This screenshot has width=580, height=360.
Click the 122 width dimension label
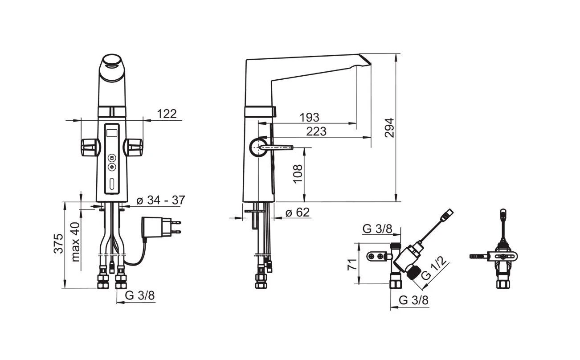coord(167,114)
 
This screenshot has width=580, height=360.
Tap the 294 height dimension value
coord(389,128)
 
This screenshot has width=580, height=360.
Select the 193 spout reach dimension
coord(310,117)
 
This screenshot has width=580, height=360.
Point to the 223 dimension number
coord(316,131)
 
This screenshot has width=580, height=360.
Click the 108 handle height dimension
coord(298,174)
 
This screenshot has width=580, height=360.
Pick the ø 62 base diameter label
coord(298,213)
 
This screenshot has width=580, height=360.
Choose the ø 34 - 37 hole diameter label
coord(161,200)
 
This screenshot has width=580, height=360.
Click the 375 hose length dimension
coord(58,243)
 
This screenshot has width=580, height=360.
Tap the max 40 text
coord(75,242)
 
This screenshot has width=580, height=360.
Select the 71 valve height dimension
coord(352,264)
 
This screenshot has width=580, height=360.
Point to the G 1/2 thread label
coord(434,268)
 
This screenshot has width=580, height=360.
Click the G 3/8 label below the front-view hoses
coord(139,295)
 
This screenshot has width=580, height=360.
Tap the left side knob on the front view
coord(90,147)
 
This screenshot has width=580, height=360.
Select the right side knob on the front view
coord(133,147)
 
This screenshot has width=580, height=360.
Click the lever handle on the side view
coord(276,147)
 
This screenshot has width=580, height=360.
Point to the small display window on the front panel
coord(112,133)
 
